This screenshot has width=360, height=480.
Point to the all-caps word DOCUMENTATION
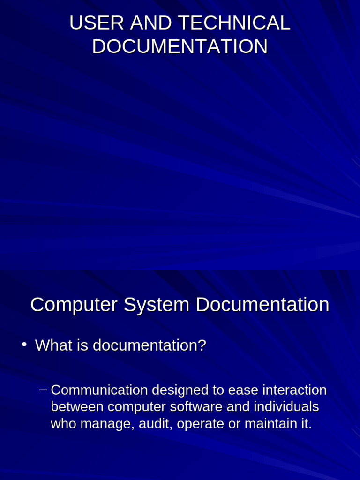[180, 47]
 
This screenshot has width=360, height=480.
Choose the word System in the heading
[157, 305]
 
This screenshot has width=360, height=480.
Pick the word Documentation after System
[262, 305]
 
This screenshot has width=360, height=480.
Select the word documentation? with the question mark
[149, 345]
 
